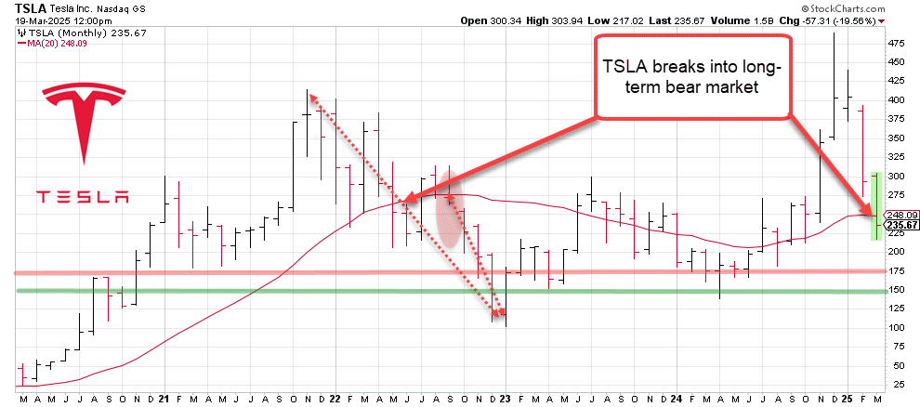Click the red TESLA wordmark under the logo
(83, 197)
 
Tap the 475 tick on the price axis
(898, 43)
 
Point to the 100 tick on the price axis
(898, 328)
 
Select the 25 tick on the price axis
(896, 385)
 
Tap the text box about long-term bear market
(692, 76)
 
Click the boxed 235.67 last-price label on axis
(901, 225)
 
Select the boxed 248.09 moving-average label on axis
(901, 215)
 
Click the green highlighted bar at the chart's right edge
(875, 205)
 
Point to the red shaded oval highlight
(449, 216)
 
